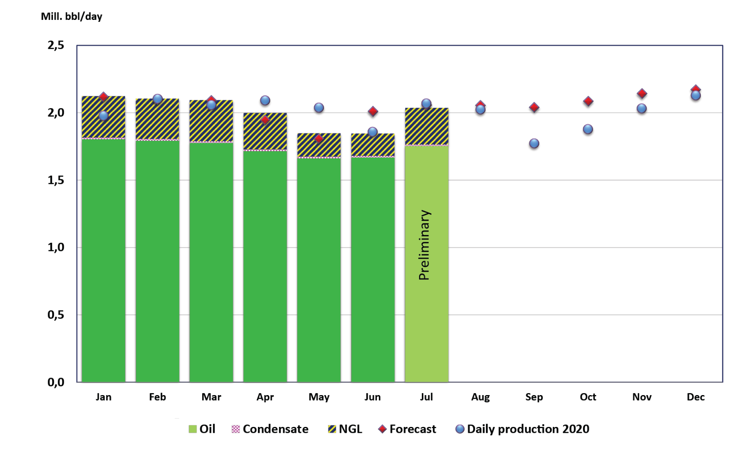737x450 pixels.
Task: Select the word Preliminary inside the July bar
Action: (x=425, y=245)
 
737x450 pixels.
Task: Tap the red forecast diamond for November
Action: (x=641, y=94)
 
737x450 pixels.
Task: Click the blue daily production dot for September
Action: (x=534, y=143)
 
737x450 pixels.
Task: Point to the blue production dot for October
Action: (x=588, y=129)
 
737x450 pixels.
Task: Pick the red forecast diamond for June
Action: (x=372, y=111)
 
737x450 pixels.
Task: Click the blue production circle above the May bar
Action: (x=319, y=107)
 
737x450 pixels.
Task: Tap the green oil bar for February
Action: (x=157, y=259)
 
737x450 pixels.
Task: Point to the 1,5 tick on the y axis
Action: (x=56, y=180)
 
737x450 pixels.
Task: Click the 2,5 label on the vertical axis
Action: (x=56, y=45)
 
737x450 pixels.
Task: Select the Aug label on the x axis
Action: (x=480, y=397)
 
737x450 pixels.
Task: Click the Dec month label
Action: (x=696, y=397)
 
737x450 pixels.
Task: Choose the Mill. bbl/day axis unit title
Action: (x=72, y=17)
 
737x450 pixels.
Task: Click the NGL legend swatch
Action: (x=332, y=429)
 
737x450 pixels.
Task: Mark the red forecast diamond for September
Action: (x=534, y=107)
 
